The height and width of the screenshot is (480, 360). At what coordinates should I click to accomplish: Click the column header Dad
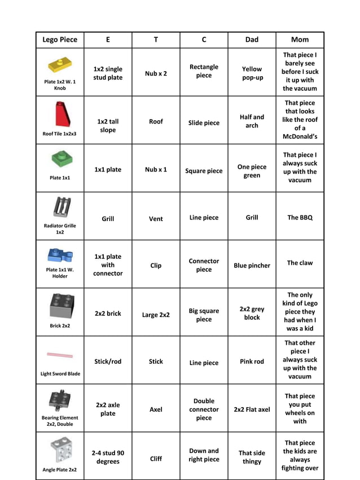pos(252,39)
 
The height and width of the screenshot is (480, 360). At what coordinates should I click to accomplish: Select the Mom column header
pos(300,39)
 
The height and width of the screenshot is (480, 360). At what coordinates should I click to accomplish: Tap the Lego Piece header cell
pos(60,39)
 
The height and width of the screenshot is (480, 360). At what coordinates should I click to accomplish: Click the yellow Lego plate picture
pos(60,64)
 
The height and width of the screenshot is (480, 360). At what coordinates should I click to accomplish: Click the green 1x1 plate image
pos(62,159)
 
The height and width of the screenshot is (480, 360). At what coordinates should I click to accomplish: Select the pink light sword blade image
pos(60,355)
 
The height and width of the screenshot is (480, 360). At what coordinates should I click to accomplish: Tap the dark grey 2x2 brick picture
pos(61,305)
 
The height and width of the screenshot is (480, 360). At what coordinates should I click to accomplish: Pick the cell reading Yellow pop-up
pos(252,73)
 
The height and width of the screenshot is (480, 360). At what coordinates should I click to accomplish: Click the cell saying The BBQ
pos(300,217)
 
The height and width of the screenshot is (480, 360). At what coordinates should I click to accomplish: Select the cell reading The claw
pos(300,263)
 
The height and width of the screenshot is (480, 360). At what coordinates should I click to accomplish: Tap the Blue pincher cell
pos(252,265)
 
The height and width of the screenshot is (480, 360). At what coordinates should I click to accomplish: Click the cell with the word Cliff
pos(156,459)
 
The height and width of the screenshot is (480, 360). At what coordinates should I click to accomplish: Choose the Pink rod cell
pos(252,362)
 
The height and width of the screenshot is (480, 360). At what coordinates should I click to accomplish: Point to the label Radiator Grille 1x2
pos(60,228)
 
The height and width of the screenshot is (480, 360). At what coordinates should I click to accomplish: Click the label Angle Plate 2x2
pos(60,469)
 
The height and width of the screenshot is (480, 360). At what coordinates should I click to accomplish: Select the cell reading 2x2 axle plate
pos(108,409)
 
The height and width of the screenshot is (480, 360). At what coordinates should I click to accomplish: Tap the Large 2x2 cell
pos(156,315)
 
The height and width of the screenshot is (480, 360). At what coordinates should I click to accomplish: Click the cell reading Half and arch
pos(252,121)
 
